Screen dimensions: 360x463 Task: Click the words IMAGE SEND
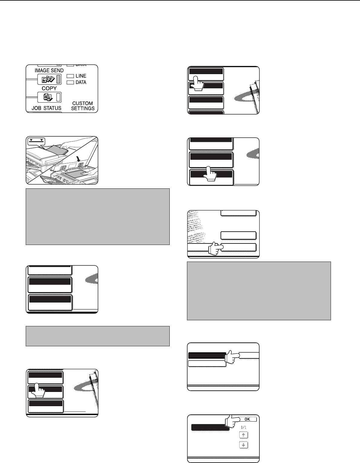tap(49, 70)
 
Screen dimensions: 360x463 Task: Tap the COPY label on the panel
tap(49, 88)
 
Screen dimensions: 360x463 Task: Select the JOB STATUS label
tap(47, 108)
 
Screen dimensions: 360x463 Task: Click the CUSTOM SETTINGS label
tap(83, 106)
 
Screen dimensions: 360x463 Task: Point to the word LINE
tap(81, 76)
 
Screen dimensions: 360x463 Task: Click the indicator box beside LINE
tap(70, 76)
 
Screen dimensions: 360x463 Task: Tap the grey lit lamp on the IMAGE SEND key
tap(58, 79)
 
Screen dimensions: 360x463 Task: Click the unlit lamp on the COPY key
tap(58, 97)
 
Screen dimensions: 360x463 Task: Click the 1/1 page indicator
tap(244, 427)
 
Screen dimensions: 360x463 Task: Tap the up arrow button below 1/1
tap(244, 435)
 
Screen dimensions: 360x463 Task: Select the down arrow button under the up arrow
tap(244, 445)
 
